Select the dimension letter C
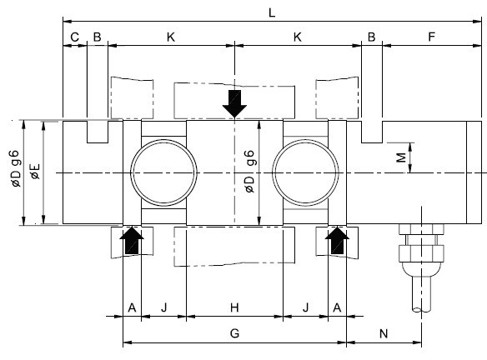tap(74, 37)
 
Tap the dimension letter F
tap(430, 37)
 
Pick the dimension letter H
tap(234, 307)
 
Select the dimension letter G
tap(234, 332)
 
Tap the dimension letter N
tap(384, 332)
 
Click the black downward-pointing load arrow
tap(235, 102)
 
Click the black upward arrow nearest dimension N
tap(338, 244)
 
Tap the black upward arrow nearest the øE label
tap(132, 244)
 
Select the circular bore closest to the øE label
tap(163, 172)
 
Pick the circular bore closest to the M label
tap(305, 172)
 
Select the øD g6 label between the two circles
tap(249, 172)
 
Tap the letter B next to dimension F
tap(371, 37)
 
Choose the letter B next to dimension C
tap(97, 37)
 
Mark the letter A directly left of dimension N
tap(337, 307)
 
